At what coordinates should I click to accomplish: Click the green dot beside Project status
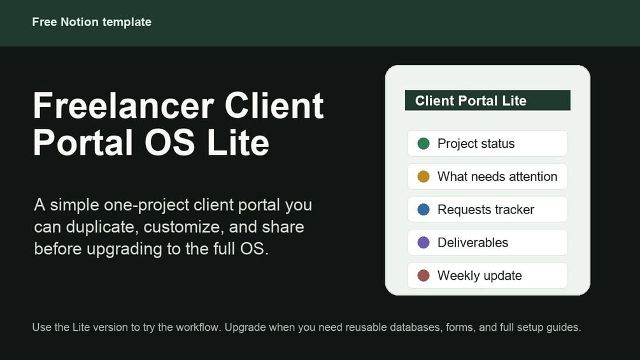[423, 143]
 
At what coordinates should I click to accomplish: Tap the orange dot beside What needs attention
[423, 176]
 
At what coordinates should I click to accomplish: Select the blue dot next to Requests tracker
[423, 210]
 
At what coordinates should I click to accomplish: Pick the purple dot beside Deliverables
[423, 243]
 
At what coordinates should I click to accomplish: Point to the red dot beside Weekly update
[423, 275]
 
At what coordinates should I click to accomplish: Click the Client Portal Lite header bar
[488, 101]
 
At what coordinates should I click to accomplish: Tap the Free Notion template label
[92, 22]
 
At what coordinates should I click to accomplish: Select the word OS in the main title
[169, 143]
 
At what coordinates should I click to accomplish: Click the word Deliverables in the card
[473, 243]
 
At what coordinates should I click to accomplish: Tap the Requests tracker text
[486, 210]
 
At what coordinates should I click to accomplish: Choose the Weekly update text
[480, 275]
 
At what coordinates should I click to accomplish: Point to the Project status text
[476, 143]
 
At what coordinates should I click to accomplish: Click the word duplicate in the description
[100, 227]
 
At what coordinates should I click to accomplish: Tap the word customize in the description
[183, 227]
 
